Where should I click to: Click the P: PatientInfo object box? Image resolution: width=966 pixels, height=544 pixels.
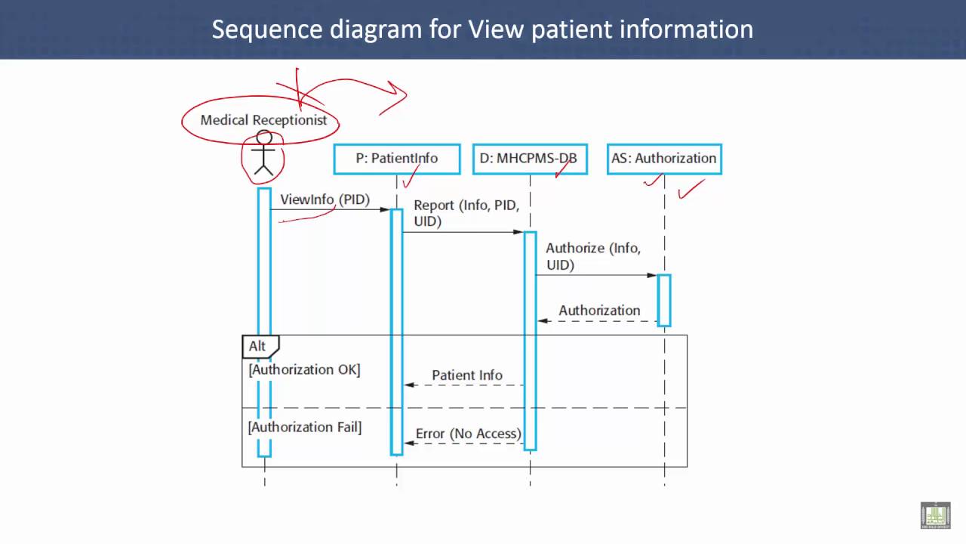coord(397,159)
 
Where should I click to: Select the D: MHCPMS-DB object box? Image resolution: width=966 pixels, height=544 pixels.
coord(530,159)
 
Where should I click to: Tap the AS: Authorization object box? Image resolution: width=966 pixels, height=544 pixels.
coord(664,159)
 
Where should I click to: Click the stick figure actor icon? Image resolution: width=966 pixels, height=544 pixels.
coord(263,153)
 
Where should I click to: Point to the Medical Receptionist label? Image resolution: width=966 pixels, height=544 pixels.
coord(263,120)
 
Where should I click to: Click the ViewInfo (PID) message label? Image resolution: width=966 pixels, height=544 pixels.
coord(325,199)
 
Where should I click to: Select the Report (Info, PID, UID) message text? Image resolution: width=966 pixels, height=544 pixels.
coord(466,213)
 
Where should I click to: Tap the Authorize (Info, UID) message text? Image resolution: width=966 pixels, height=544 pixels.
coord(593,256)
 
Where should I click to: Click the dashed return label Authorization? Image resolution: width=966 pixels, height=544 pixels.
coord(599,311)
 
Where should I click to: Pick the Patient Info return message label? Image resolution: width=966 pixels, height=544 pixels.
coord(467,376)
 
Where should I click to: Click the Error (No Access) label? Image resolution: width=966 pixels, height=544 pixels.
coord(469,434)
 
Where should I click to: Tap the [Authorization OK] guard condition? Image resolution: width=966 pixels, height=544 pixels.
coord(304,370)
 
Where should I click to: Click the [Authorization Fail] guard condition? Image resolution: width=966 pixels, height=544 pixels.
coord(305,428)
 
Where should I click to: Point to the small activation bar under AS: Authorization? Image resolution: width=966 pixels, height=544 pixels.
coord(664,301)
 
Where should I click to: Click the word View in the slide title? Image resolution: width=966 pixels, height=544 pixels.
coord(496,29)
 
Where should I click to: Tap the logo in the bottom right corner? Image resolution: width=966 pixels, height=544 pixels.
coord(935,515)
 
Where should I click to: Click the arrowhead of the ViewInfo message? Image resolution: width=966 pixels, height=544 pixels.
coord(385,210)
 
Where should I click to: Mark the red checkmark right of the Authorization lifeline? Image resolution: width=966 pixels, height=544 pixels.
coord(691,189)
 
